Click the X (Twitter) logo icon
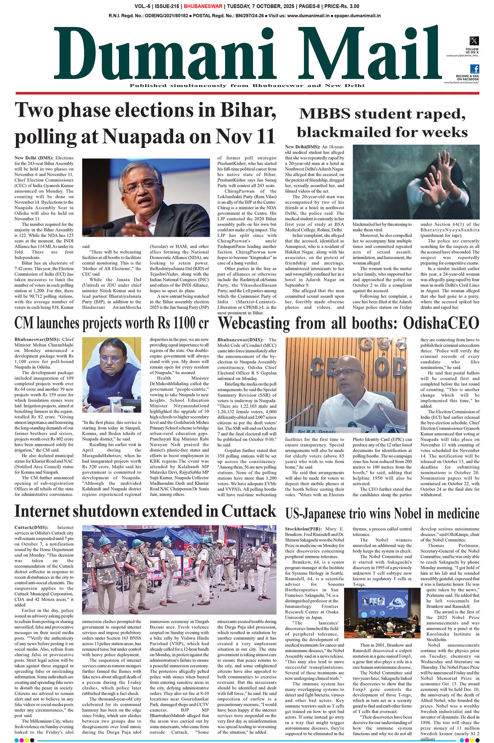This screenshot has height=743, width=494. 474,41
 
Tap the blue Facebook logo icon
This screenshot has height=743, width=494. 474,69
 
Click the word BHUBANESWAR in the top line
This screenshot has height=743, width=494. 203,6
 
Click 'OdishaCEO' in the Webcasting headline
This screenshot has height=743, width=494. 441,324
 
